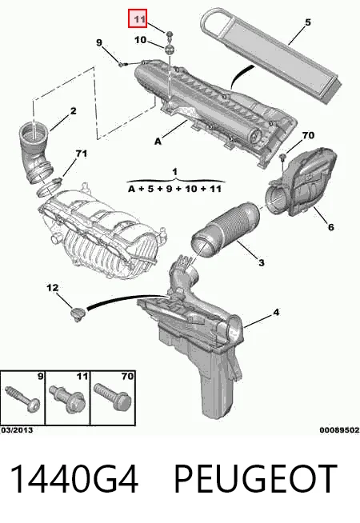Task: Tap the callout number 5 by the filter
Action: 307,22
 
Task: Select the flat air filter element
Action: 271,55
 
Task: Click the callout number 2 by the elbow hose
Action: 73,110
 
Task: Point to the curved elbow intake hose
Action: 36,152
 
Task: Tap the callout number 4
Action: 276,313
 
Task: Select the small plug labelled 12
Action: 78,314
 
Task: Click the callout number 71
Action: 81,154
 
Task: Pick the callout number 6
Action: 330,227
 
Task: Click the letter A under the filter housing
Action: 158,142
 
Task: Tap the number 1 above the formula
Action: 175,172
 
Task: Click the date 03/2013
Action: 17,430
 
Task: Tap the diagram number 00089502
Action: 339,430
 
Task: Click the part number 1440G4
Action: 74,479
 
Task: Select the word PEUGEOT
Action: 255,479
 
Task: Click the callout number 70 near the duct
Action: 308,135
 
